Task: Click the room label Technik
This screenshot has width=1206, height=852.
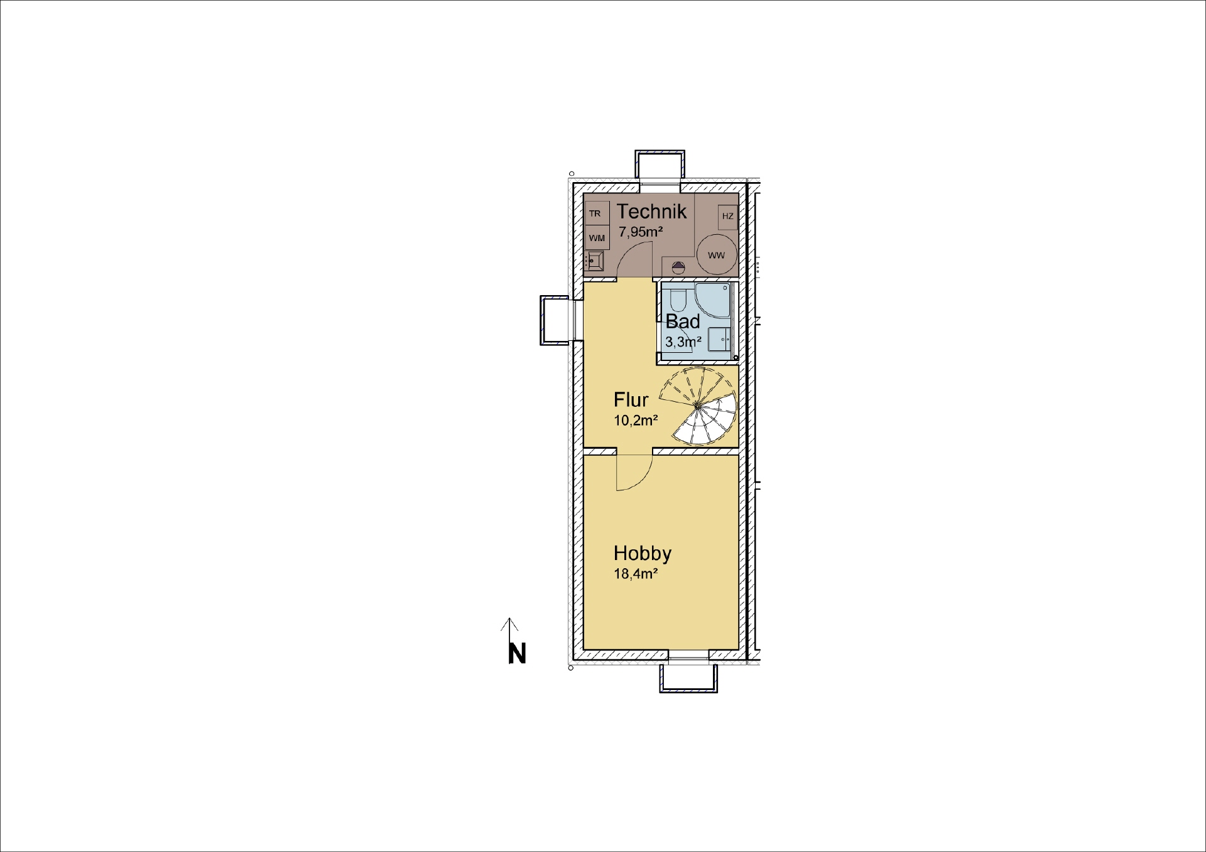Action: [x=651, y=212]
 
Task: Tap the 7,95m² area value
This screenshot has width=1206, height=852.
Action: [x=641, y=232]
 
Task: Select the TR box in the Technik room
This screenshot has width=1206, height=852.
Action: [x=595, y=214]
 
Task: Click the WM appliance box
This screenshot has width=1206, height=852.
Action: [x=597, y=238]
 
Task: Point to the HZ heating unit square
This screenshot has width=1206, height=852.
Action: [x=727, y=217]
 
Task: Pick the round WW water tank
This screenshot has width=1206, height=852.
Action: [x=716, y=255]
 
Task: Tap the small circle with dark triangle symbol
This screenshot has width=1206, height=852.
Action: [x=678, y=266]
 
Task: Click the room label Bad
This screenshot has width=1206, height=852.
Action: [x=683, y=322]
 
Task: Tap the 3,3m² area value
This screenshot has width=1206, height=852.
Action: [x=683, y=342]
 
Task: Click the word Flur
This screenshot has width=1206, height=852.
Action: [x=631, y=400]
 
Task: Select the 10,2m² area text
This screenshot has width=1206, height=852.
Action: [x=636, y=421]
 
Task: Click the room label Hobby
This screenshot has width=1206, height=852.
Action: [x=642, y=553]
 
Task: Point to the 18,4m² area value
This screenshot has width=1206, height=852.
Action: [x=636, y=574]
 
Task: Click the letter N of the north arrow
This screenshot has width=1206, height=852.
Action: [x=516, y=654]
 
